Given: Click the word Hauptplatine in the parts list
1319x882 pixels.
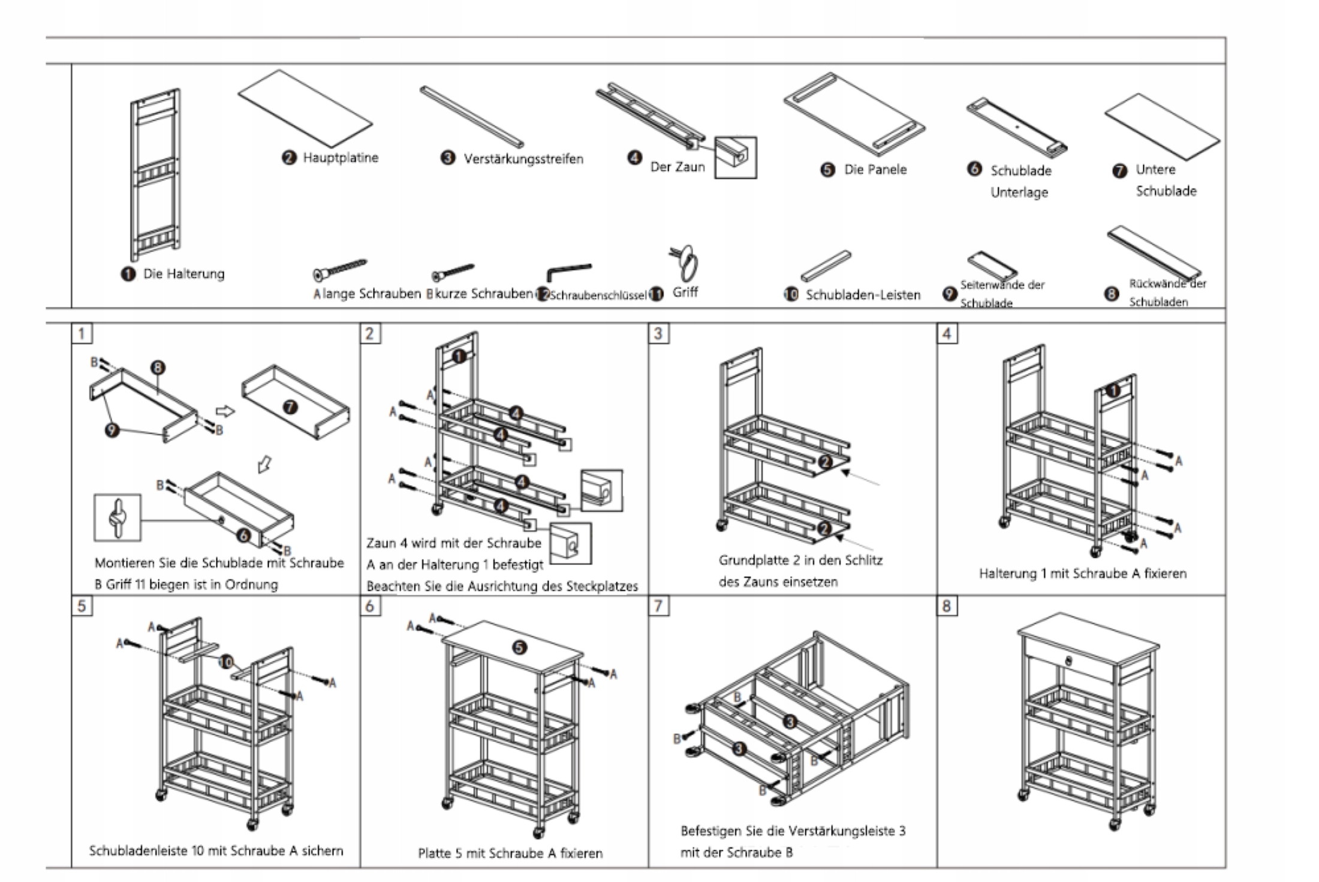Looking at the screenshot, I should (x=340, y=158).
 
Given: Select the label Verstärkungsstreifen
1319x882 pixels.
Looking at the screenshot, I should (x=523, y=159).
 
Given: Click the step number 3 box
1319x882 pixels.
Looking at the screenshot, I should (x=658, y=333).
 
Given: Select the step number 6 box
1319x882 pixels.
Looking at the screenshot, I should (x=369, y=606).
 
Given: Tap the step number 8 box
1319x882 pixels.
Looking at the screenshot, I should (x=947, y=606).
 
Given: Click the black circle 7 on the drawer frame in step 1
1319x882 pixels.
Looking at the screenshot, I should (x=290, y=408).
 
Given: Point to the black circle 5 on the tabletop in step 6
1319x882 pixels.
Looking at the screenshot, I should (x=520, y=648).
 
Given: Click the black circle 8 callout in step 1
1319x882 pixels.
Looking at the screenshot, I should (x=158, y=368).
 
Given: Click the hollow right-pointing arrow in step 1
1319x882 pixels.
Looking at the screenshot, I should (x=225, y=411).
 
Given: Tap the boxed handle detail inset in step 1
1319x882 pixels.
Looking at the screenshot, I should (x=118, y=517).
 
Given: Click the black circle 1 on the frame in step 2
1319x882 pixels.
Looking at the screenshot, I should (x=459, y=356).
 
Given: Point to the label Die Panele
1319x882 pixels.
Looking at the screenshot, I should (x=875, y=170).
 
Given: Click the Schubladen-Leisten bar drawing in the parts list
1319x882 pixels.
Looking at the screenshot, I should (x=826, y=266).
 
